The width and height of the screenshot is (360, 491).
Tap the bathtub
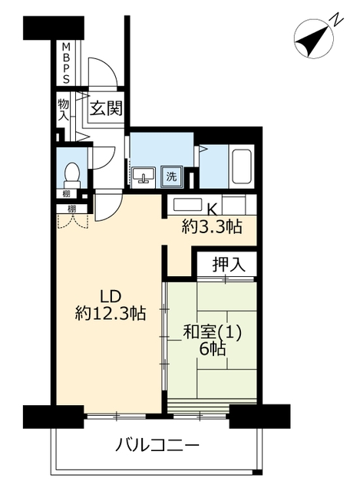click(x=241, y=166)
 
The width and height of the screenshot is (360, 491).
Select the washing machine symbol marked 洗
click(x=171, y=177)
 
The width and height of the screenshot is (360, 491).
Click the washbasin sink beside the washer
click(x=144, y=177)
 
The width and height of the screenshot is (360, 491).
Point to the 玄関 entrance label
click(x=106, y=108)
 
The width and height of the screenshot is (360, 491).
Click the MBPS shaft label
click(x=66, y=63)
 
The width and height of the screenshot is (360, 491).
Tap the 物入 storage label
click(x=64, y=110)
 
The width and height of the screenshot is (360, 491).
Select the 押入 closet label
click(x=229, y=265)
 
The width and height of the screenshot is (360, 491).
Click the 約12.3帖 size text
click(x=111, y=313)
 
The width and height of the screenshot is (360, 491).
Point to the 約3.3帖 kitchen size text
click(x=212, y=226)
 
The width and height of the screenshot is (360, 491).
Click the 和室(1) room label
click(x=212, y=333)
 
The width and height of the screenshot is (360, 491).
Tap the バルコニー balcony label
click(x=157, y=445)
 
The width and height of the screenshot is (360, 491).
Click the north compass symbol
click(x=314, y=41)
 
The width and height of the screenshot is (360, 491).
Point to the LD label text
click(x=110, y=296)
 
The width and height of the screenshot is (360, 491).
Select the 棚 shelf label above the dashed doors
click(x=72, y=209)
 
